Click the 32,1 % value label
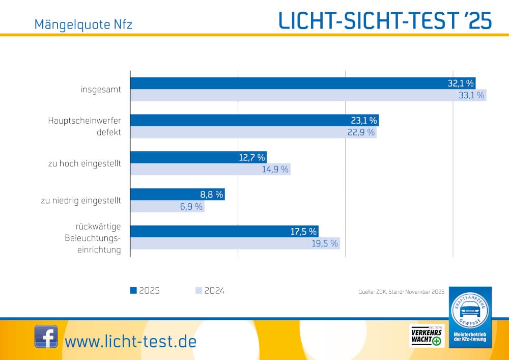pos(461,84)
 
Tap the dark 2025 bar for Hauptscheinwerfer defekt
pos(254,121)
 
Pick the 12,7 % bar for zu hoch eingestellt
pos(199,157)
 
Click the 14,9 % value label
pos(275,169)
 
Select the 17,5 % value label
pos(304,231)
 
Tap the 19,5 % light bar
pos(235,243)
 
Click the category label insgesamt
pos(101,90)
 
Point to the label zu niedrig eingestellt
pos(81,201)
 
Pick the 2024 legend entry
pos(210,291)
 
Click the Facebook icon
pos(46,337)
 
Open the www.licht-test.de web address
pos(131,341)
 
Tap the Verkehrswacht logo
pos(427,336)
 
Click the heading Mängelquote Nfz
pos(83,24)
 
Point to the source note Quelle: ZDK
pos(401,292)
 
